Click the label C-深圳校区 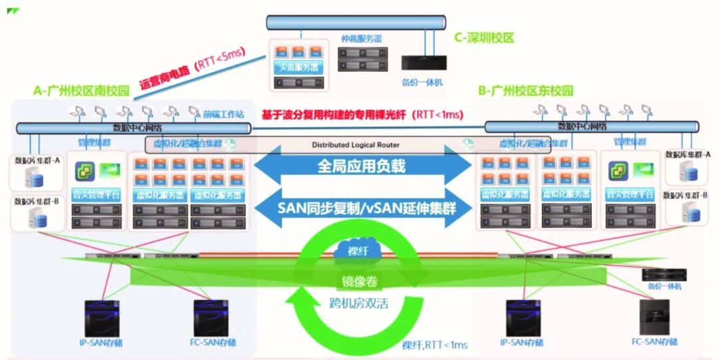(x=484, y=38)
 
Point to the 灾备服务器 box (x=297, y=67)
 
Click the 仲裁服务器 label (x=361, y=39)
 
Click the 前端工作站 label (x=224, y=114)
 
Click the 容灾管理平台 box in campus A (x=97, y=194)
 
